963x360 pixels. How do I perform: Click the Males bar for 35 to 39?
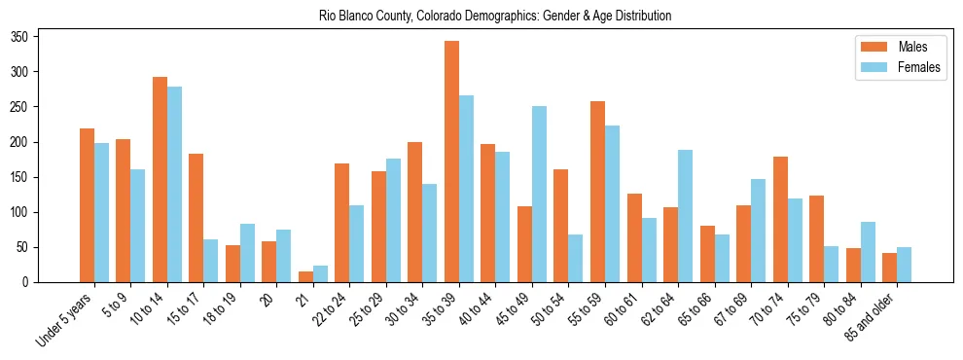click(451, 162)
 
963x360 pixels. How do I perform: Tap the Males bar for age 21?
click(305, 276)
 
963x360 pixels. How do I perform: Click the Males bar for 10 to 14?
click(160, 180)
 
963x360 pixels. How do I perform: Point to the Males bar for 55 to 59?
click(597, 192)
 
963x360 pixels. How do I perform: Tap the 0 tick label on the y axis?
click(31, 282)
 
